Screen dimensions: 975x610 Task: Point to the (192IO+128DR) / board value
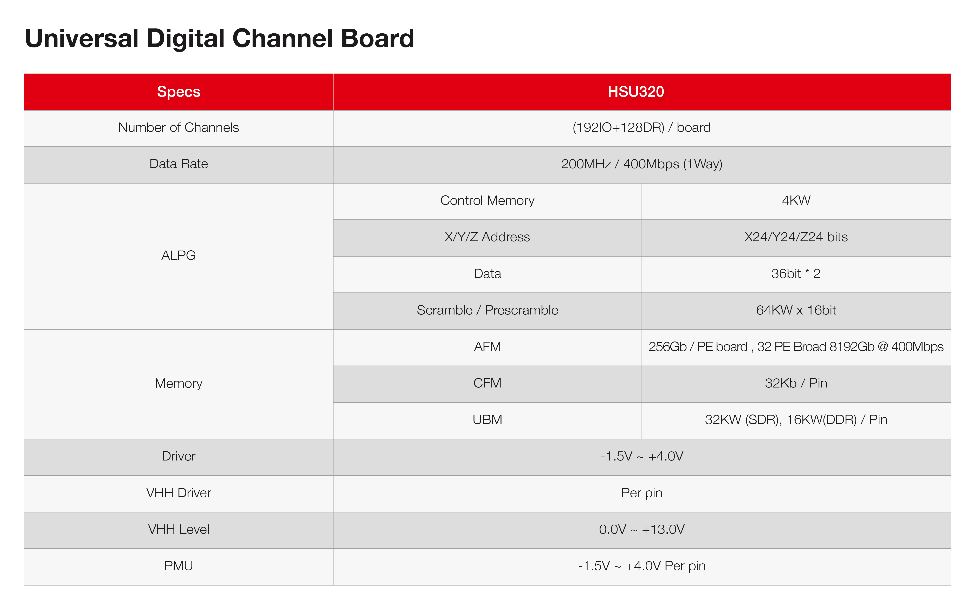[x=641, y=127]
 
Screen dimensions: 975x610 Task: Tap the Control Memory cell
[x=487, y=200]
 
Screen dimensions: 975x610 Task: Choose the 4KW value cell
[x=796, y=200]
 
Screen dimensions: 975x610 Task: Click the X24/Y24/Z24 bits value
[x=796, y=237]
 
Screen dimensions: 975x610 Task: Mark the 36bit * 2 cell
[x=796, y=273]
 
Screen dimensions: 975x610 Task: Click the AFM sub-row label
[x=487, y=347]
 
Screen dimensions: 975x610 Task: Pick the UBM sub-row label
[x=487, y=420]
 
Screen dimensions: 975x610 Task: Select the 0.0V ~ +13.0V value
[x=641, y=529]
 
